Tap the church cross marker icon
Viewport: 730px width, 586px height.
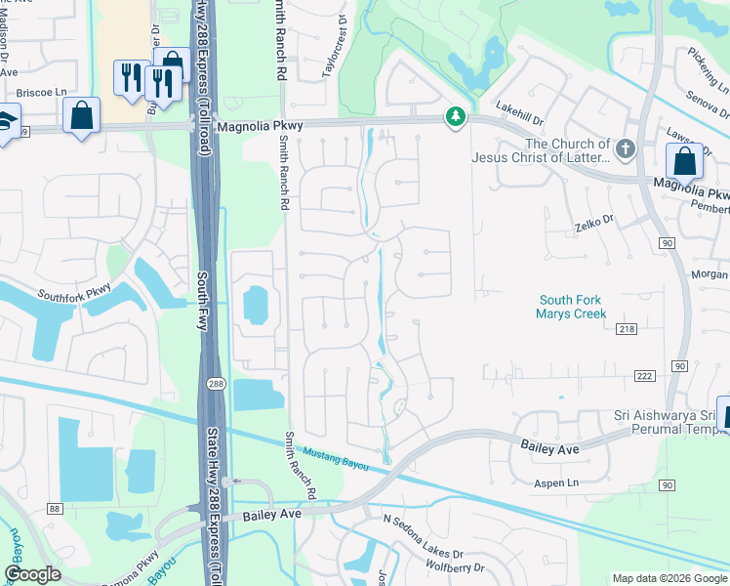626,149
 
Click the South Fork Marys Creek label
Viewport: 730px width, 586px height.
570,307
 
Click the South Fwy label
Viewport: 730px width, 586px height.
204,301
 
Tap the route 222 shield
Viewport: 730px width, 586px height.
643,377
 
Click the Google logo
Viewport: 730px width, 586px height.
33,574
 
